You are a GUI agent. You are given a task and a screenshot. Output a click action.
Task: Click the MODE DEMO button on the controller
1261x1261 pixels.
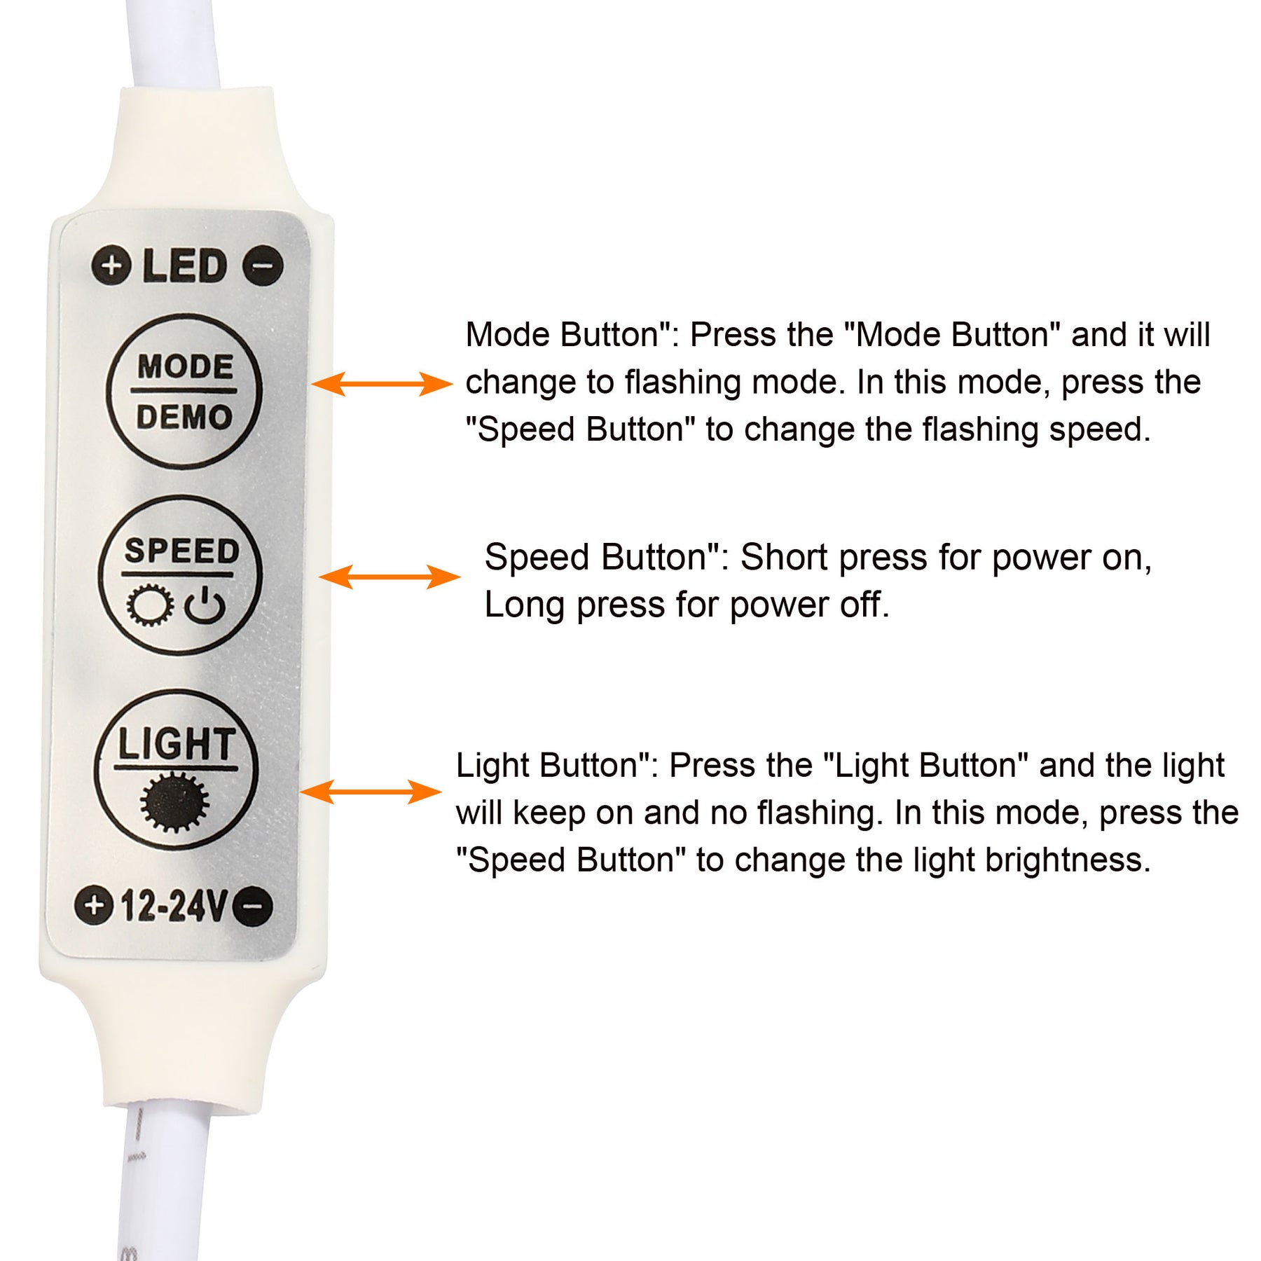[184, 392]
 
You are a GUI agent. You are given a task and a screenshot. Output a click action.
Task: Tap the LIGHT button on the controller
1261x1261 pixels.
[177, 770]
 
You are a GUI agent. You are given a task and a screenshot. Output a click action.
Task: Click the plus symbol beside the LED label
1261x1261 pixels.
[111, 266]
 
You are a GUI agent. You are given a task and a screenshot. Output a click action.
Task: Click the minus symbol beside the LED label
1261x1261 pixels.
[263, 266]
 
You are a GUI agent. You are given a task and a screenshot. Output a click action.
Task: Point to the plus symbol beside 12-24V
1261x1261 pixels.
[95, 905]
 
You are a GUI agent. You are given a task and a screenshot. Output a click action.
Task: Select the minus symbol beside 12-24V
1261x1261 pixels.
[253, 907]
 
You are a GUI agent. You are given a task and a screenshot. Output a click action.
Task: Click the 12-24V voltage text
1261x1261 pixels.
[174, 907]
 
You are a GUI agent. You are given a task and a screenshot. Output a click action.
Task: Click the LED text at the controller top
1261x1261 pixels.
[186, 266]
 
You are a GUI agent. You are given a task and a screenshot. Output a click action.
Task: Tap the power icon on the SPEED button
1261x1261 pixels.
[205, 606]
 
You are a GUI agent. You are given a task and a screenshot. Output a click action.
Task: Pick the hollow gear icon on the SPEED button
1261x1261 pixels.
[150, 605]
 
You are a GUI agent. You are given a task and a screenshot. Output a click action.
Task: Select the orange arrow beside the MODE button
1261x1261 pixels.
[383, 384]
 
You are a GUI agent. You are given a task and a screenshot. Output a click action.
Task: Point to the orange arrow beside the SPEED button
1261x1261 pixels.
[390, 577]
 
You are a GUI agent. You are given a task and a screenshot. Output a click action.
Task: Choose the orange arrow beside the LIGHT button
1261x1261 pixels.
[371, 792]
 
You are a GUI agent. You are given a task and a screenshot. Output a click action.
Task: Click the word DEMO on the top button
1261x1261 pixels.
[184, 418]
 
